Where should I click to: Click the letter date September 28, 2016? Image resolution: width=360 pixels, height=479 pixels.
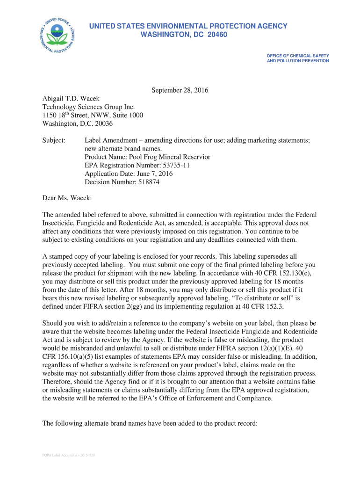[x=180, y=90]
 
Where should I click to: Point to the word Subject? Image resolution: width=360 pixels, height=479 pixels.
[x=54, y=140]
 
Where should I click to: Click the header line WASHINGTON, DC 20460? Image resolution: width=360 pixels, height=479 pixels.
[x=184, y=35]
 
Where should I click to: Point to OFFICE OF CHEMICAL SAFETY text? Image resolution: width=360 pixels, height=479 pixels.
[x=298, y=56]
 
